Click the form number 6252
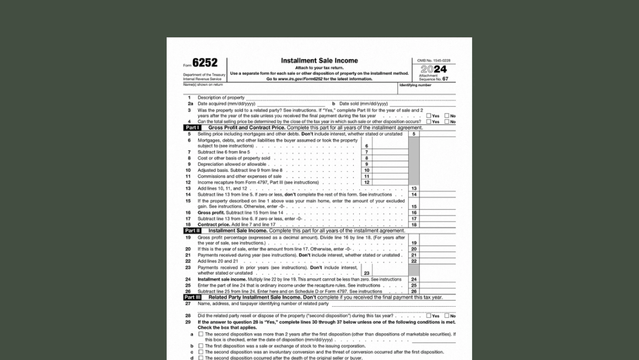(x=205, y=63)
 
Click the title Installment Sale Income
(x=319, y=60)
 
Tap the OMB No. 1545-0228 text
(x=433, y=60)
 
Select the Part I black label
(x=192, y=128)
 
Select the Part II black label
(x=192, y=231)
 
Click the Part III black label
(x=192, y=297)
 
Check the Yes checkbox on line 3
(x=428, y=116)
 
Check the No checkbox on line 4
(x=447, y=122)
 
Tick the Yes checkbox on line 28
(x=428, y=316)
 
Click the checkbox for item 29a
(x=201, y=335)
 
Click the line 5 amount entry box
(x=438, y=134)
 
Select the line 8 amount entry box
(x=390, y=158)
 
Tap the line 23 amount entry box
(x=390, y=273)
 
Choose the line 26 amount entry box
(x=438, y=291)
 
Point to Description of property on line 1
(x=221, y=98)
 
